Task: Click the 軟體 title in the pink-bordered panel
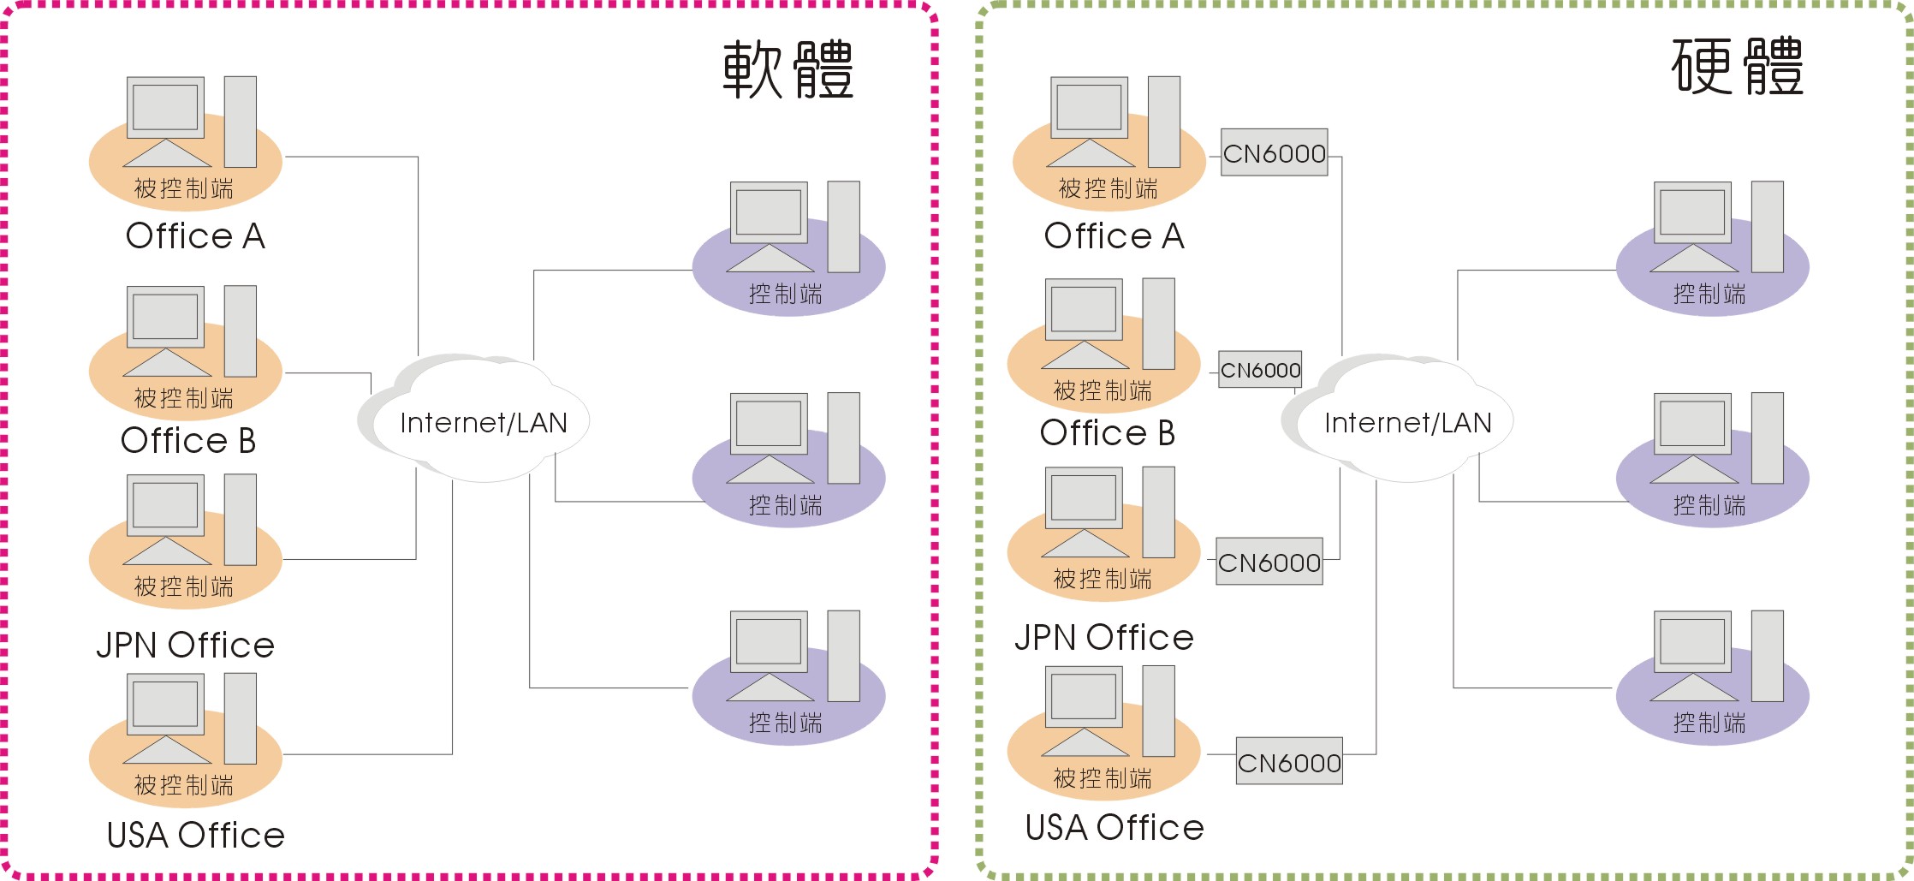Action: coord(788,68)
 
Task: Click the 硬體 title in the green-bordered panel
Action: coord(1737,67)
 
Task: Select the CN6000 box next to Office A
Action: coord(1274,153)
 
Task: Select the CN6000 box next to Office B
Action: coord(1260,370)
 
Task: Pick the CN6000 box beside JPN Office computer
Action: coord(1269,563)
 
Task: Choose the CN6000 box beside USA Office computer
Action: coord(1289,762)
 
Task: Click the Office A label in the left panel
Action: coord(195,236)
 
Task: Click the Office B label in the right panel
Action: coord(1107,433)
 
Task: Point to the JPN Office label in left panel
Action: coord(185,645)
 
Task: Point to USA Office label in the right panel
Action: coord(1115,827)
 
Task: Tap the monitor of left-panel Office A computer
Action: coord(165,107)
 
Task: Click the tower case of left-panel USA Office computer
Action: coord(241,718)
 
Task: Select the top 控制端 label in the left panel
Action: coord(785,294)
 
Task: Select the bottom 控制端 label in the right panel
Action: coord(1709,723)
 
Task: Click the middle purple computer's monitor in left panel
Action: coord(769,424)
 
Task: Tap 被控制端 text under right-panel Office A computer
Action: coord(1108,188)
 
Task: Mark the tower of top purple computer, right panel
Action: coord(1767,226)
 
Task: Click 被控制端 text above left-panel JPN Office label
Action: coord(183,586)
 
